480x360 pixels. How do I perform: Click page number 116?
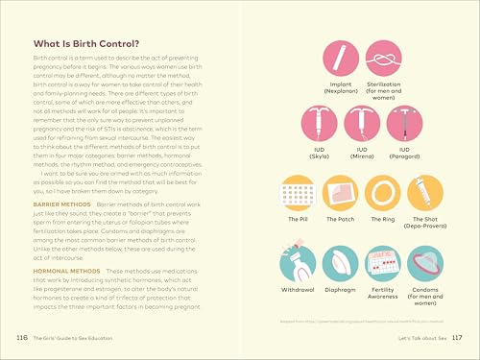tap(22, 339)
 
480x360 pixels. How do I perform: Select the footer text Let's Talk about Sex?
tap(413, 339)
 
